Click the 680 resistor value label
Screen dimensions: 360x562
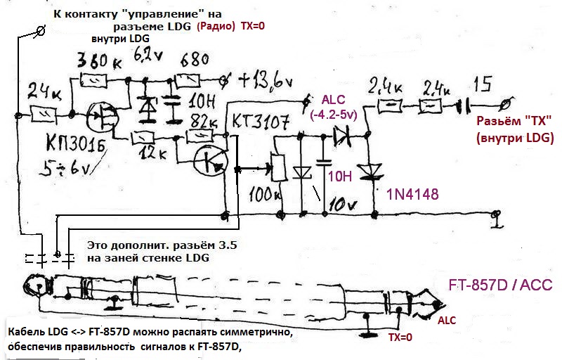point(195,58)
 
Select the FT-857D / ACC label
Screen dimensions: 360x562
point(500,286)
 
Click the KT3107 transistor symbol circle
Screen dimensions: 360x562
point(210,160)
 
